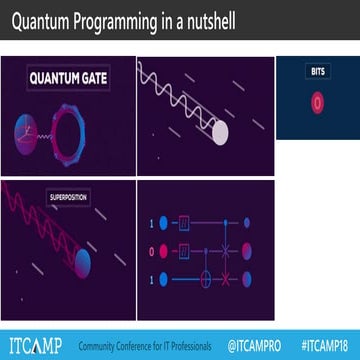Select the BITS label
click(317, 72)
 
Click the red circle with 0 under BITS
click(317, 101)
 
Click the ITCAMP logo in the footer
click(32, 346)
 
